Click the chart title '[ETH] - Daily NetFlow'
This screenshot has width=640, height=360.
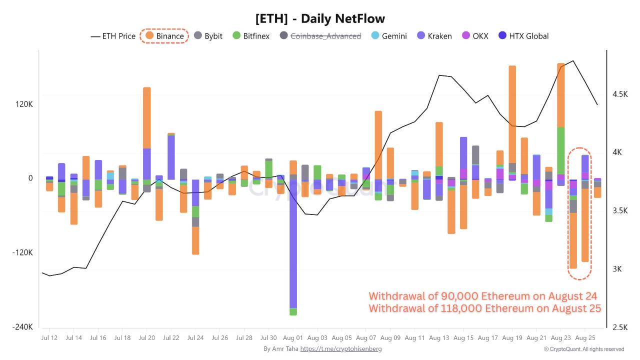tap(320, 19)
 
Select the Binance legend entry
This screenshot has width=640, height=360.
tap(164, 36)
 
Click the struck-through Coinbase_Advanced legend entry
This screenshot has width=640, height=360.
tap(320, 36)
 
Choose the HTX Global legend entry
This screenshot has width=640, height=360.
tap(523, 36)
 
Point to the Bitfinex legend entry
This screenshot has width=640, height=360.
tap(251, 36)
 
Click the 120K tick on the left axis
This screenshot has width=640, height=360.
tap(23, 104)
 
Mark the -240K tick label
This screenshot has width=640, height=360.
tap(23, 327)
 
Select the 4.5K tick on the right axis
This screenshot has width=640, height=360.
tap(619, 94)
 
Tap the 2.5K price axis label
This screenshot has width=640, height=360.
tap(619, 327)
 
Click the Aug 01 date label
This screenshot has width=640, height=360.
tap(293, 338)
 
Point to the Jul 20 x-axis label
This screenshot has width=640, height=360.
tap(146, 338)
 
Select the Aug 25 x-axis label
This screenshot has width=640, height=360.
tap(585, 338)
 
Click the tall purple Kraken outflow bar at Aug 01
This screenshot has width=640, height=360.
tap(293, 245)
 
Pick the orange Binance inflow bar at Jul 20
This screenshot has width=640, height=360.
tap(147, 117)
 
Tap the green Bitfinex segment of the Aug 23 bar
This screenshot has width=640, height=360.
tap(561, 150)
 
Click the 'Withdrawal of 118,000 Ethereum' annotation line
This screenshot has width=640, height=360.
tap(485, 308)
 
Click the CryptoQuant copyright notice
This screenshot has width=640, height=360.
tap(584, 349)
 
